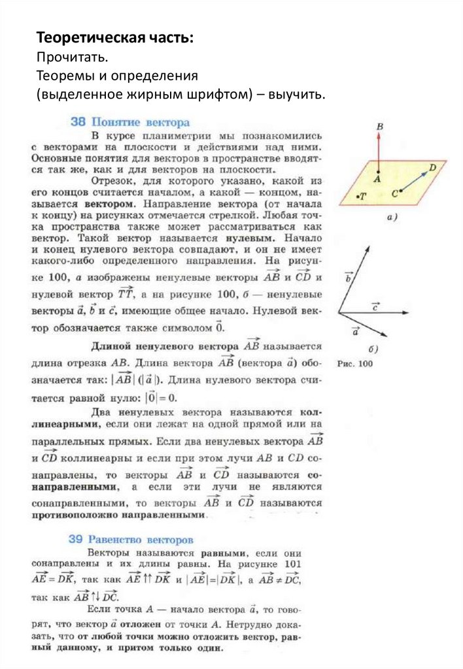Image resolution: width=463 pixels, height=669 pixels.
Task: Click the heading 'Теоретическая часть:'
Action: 114,37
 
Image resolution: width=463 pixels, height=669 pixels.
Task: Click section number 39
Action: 77,540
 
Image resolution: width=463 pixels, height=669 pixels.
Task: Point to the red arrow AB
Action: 378,154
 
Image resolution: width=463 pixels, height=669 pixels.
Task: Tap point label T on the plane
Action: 360,195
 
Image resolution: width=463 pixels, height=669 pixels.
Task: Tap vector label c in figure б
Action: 376,306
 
